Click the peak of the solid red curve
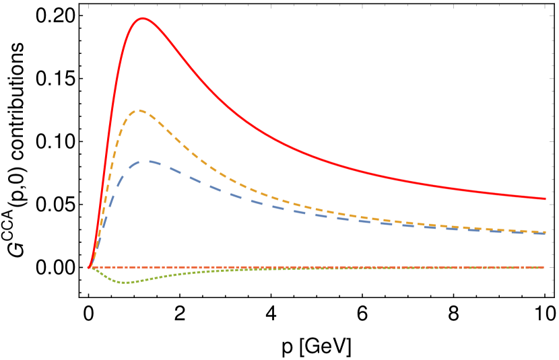pos(143,18)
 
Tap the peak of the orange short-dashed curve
pos(139,110)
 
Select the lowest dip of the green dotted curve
pos(125,282)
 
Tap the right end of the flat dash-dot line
pos(544,267)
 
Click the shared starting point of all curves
pos(89,267)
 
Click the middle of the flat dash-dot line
pos(317,267)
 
